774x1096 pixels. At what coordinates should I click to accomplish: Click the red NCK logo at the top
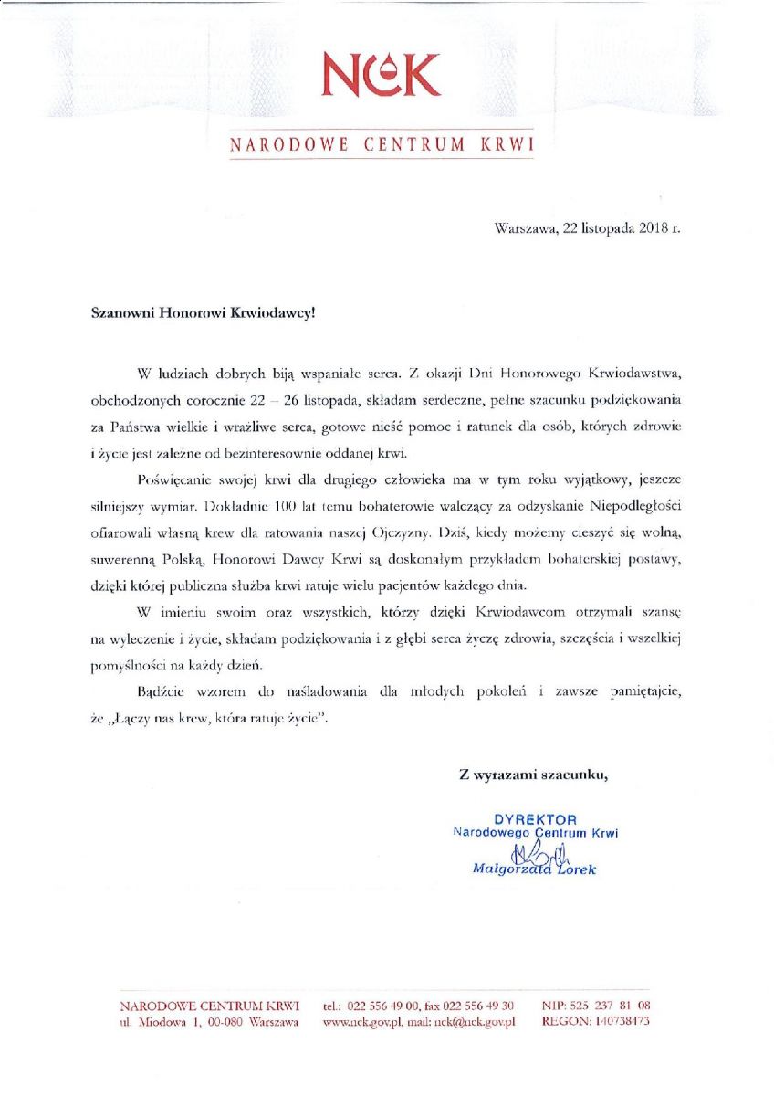pos(382,75)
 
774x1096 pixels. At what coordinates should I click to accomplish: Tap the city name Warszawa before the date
pos(525,228)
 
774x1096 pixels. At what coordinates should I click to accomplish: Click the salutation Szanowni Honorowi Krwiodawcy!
pos(203,311)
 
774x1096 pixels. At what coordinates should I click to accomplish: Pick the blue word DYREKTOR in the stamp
pos(535,819)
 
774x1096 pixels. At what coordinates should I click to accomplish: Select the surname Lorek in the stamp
pos(572,869)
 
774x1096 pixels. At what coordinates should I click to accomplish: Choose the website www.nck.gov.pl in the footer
pos(362,1022)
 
